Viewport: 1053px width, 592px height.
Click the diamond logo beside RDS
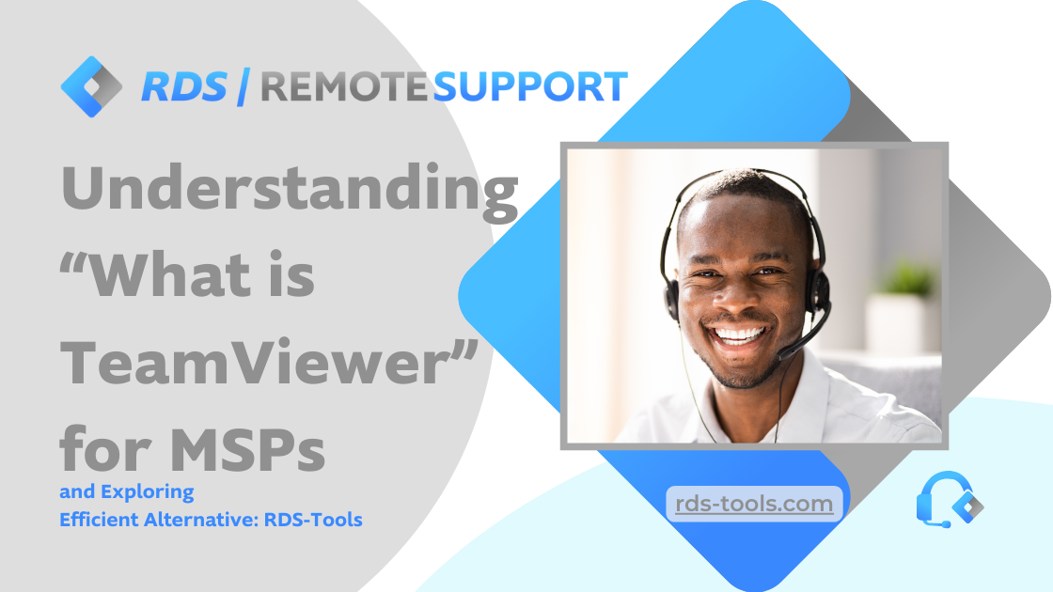pyautogui.click(x=91, y=86)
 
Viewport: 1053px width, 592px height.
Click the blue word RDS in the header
pyautogui.click(x=184, y=87)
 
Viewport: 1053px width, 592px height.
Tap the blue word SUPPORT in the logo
pyautogui.click(x=530, y=87)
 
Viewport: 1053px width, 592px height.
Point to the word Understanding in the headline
pyautogui.click(x=290, y=192)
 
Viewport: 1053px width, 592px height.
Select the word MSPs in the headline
pyautogui.click(x=247, y=448)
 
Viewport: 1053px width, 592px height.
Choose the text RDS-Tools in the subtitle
pyautogui.click(x=313, y=520)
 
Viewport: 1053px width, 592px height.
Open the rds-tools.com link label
pyautogui.click(x=754, y=504)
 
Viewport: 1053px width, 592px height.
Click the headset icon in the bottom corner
pyautogui.click(x=949, y=500)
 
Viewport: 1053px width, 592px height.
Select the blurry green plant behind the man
pyautogui.click(x=907, y=278)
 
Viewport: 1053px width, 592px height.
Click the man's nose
pyautogui.click(x=737, y=299)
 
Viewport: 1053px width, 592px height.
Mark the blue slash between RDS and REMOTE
pyautogui.click(x=244, y=87)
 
